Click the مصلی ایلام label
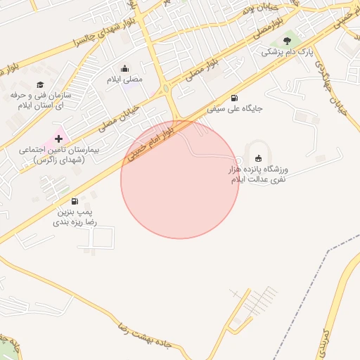pos(124,79)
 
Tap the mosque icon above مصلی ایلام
pos(124,68)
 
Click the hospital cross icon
pos(58,139)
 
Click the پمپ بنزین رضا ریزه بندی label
pos(75,217)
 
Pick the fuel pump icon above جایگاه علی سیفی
pos(234,98)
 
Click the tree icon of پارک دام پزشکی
pos(286,41)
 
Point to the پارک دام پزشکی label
pos(286,53)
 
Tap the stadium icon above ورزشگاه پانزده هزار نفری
pos(258,158)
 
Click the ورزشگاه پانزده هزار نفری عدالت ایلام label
pos(259,175)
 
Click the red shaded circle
pos(180,180)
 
